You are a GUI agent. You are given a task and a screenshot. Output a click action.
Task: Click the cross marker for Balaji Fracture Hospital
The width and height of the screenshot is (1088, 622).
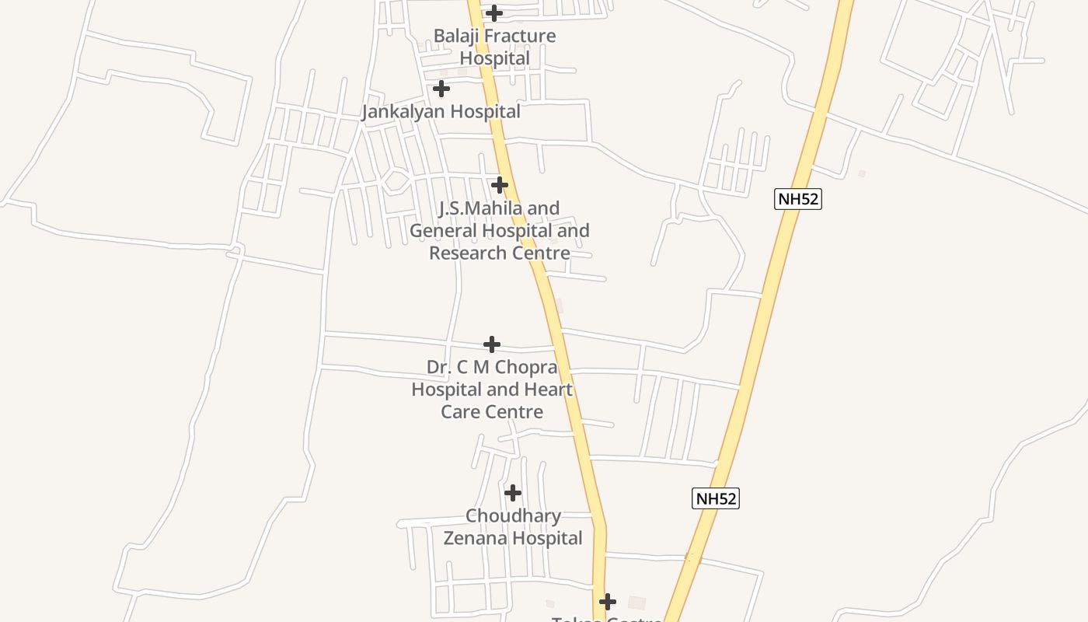tap(493, 12)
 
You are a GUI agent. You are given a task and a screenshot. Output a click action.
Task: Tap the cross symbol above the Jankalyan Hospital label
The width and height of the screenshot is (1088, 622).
tap(441, 89)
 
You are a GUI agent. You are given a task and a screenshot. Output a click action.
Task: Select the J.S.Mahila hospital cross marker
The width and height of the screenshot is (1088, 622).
tap(500, 185)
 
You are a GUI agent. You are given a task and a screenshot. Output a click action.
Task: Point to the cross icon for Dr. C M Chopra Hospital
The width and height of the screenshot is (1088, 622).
tap(492, 344)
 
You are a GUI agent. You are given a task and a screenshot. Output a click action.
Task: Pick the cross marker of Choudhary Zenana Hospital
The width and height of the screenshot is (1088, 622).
tap(513, 492)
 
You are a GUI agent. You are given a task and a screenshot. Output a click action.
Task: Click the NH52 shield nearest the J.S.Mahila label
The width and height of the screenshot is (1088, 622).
tap(798, 198)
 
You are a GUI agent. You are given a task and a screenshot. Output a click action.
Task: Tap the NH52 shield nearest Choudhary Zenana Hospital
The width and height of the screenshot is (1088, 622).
tap(715, 498)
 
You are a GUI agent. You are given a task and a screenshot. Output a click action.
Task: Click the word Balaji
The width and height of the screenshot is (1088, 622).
tap(455, 36)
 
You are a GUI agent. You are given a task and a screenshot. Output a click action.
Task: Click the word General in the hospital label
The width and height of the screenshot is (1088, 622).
tap(444, 231)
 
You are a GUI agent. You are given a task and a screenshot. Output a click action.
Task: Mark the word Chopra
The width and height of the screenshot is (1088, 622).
tap(530, 367)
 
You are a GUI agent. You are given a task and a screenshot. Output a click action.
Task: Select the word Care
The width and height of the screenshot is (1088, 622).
tap(459, 411)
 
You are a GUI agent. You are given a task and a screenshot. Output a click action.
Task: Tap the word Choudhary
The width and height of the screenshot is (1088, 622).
tap(513, 515)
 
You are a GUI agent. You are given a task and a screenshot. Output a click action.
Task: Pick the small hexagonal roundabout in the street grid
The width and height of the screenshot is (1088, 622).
tap(396, 181)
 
